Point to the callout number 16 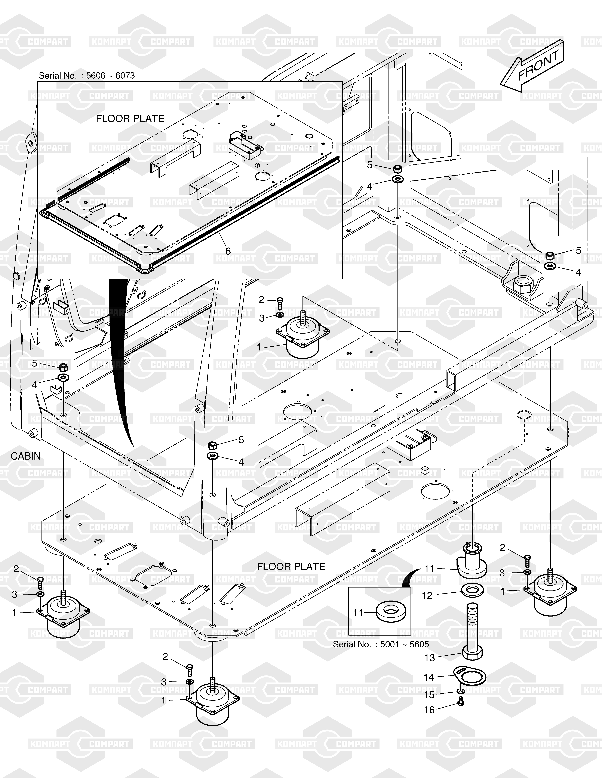429,710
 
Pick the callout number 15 429,695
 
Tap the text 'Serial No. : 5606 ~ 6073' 87,76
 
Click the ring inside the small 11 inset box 391,612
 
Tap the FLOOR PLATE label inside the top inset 130,119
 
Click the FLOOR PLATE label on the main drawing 291,566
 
